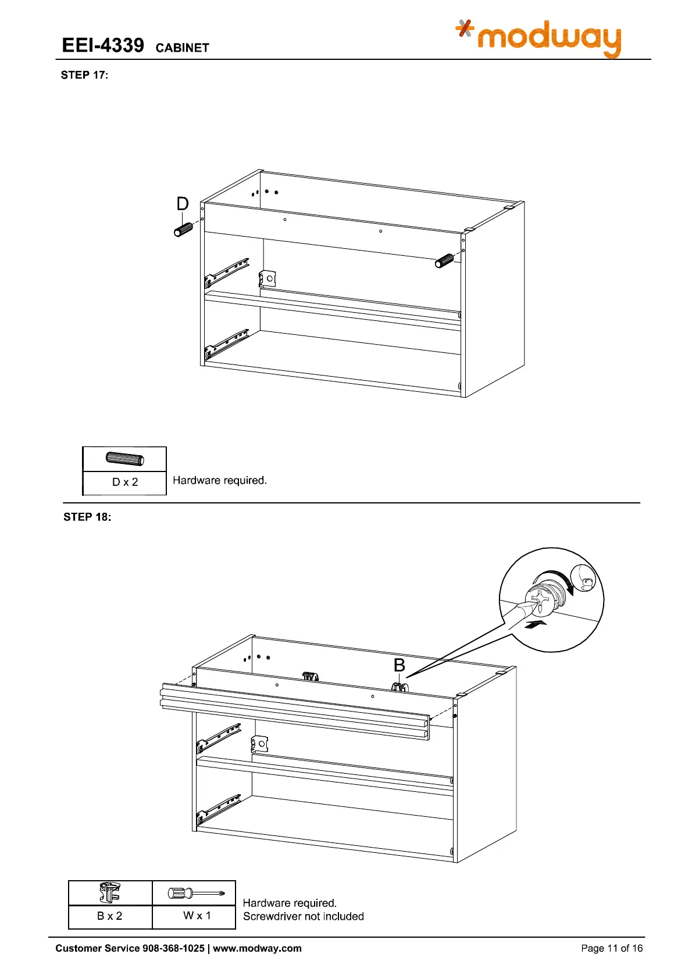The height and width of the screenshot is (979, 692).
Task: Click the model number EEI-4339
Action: coord(103,45)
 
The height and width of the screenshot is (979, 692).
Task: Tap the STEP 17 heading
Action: coord(84,75)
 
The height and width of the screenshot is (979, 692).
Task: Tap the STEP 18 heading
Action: coord(87,517)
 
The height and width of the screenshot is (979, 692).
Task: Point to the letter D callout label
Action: coord(183,203)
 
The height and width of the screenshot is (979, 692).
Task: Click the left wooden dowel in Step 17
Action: coord(183,230)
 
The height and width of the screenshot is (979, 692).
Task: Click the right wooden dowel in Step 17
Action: coord(445,261)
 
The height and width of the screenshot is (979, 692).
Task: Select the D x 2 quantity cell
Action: coord(124,482)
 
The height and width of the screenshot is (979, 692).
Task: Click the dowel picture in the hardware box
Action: coord(124,459)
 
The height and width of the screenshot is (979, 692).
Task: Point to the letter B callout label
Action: coord(399,665)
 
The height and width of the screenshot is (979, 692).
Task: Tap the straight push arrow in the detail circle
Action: coord(536,624)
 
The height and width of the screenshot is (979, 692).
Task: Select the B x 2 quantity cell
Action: coord(110,916)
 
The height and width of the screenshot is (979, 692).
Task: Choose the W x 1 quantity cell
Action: coord(197,916)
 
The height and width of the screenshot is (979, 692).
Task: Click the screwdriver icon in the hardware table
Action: coord(195,893)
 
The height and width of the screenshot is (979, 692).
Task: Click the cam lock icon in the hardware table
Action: coord(110,892)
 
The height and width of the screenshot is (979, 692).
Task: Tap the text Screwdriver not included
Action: coord(303,916)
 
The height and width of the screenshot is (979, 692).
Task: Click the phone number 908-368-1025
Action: coord(173,948)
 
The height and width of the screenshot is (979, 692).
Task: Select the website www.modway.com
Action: coord(257,948)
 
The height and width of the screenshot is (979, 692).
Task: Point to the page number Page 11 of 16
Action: coord(612,948)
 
